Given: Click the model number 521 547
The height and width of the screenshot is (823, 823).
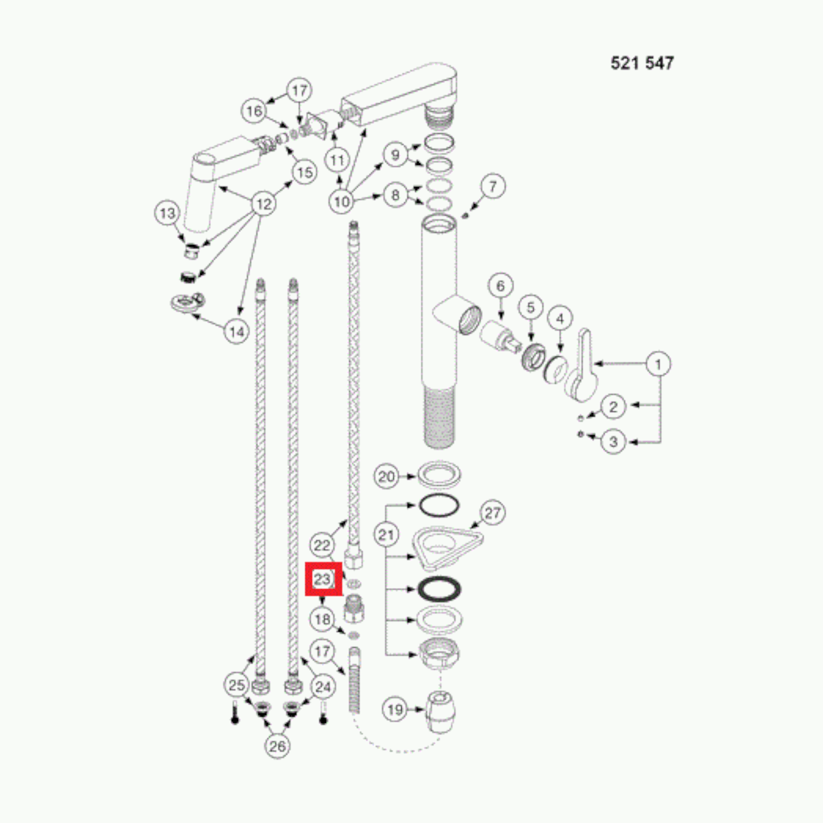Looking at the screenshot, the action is click(642, 63).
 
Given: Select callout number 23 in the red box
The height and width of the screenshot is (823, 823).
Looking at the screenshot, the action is click(323, 578).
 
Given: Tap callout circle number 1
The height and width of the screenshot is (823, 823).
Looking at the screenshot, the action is click(658, 364).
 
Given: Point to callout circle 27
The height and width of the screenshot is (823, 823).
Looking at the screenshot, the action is click(492, 513).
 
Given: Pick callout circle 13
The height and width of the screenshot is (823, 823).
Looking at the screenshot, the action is click(167, 213).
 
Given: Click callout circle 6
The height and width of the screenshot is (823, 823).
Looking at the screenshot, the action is click(500, 286).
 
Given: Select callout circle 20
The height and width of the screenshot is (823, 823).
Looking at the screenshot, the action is click(387, 476).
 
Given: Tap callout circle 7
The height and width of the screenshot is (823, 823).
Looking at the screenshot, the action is click(493, 186).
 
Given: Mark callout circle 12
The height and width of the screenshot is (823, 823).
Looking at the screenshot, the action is click(264, 204).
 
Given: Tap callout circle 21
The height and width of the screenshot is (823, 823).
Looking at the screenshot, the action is click(386, 535).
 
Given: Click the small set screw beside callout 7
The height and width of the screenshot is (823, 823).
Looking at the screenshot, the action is click(465, 216).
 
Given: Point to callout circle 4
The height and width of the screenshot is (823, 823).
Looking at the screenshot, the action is click(560, 319).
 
